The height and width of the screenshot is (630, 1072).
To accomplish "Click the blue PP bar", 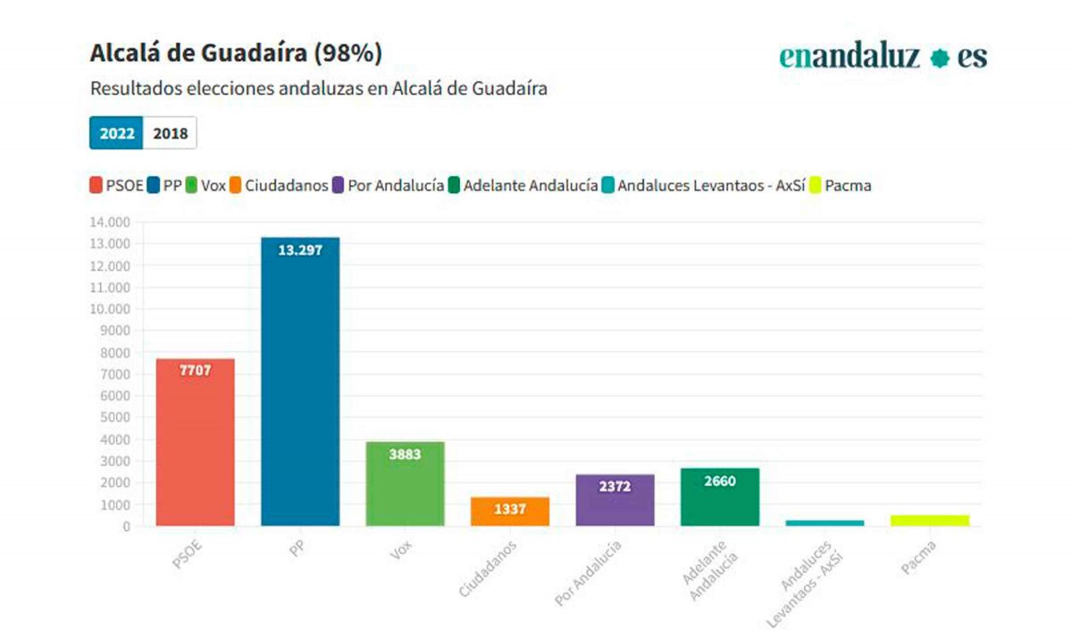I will pos(300,384).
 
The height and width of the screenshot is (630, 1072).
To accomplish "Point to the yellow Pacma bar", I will pos(929,520).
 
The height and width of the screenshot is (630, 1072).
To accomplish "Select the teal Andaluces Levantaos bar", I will pos(825,523).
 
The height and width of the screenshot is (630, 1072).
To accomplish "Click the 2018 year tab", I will pos(170,134).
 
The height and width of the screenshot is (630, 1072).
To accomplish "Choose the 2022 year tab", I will pos(117,134).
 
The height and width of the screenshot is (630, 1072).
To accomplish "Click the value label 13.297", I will pos(300,250).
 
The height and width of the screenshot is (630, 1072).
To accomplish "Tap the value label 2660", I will pos(719,482).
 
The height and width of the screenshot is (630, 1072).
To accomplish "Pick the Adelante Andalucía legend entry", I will pos(523,186).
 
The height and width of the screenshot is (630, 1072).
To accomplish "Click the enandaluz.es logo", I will pos(883,57).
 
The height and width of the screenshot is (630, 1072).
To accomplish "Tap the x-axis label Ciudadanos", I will pos(487,567).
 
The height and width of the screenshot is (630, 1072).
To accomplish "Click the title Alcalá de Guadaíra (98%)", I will pos(236,54).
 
